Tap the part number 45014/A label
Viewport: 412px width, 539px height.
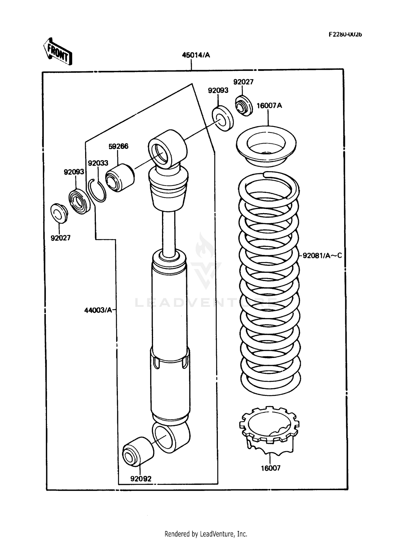196,55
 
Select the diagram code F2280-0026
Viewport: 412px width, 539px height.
345,34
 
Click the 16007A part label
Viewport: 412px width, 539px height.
269,105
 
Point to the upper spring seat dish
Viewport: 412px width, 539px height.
266,146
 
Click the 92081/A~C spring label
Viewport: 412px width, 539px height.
322,255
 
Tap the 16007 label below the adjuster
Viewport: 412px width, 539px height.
271,468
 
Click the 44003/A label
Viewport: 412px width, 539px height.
98,310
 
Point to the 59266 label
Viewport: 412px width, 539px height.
118,146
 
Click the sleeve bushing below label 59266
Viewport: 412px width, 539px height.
120,178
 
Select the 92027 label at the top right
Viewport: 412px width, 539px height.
243,82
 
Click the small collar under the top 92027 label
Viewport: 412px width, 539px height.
243,106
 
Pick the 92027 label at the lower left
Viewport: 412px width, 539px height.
60,238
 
